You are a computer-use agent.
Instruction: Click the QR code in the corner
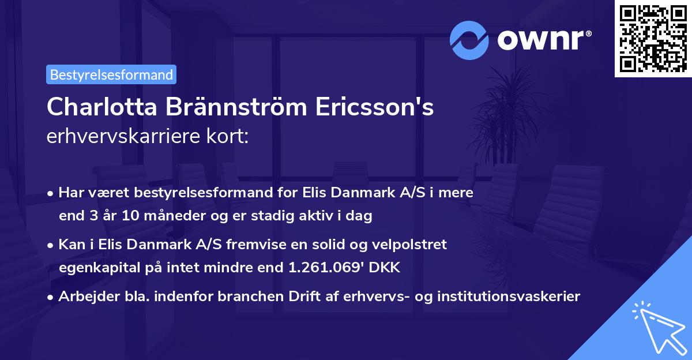tap(653, 38)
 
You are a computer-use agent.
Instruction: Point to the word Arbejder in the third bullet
tap(84, 297)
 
